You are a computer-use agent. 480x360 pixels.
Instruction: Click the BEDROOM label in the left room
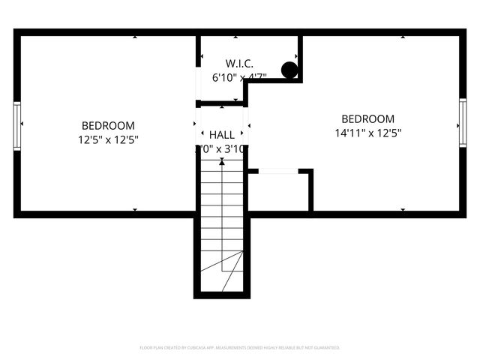pos(108,125)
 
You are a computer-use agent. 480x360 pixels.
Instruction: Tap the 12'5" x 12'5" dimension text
pos(108,139)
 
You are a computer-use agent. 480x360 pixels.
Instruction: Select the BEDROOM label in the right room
pos(367,118)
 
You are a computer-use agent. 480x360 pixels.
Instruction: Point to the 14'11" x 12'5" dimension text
pos(367,133)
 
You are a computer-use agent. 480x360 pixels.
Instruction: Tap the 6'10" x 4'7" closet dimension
pos(239,76)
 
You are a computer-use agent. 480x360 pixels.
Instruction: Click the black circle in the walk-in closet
pos(289,70)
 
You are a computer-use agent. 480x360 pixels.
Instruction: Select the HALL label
pos(221,134)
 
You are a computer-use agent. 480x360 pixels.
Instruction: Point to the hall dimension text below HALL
pos(221,148)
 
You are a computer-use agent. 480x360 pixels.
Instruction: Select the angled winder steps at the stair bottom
pos(229,270)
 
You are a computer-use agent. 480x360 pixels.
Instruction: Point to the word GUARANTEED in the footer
pos(327,348)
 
